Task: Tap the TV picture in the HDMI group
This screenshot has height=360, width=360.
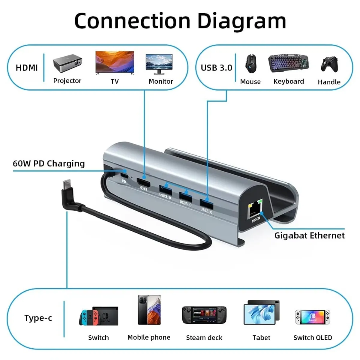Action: [115, 62]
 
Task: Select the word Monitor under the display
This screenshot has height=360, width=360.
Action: [161, 81]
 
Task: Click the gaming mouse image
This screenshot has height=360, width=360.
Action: [250, 64]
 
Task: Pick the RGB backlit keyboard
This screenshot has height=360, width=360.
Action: [288, 63]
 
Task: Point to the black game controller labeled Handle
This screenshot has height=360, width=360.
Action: [329, 64]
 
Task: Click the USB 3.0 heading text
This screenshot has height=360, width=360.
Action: [216, 68]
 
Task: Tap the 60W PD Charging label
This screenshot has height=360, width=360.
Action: [49, 163]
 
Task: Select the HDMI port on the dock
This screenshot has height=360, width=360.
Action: [144, 181]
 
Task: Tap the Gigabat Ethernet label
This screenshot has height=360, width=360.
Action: [309, 235]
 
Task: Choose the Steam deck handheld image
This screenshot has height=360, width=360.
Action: [204, 315]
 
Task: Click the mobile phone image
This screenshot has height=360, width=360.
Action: [149, 310]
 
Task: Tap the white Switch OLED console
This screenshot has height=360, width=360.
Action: [313, 317]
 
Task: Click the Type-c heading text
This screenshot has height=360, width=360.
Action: [38, 318]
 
